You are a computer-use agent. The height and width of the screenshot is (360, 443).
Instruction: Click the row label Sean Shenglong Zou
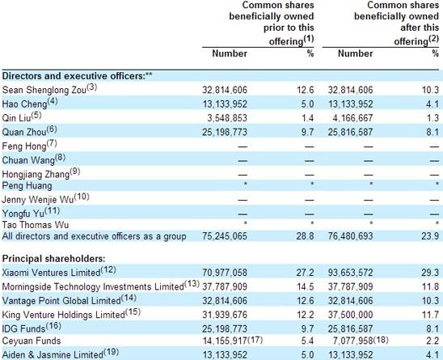click(x=44, y=90)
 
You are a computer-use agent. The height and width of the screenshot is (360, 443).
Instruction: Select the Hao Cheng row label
click(x=24, y=104)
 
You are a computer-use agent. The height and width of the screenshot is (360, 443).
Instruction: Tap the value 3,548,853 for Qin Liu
click(x=227, y=118)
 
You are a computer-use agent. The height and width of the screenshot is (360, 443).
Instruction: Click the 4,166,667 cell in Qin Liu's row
click(x=352, y=118)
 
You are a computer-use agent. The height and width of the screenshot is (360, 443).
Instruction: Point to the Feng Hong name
click(x=24, y=146)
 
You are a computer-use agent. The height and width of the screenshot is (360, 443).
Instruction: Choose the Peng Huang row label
click(x=27, y=186)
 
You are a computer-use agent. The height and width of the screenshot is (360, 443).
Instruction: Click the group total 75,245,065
click(x=225, y=236)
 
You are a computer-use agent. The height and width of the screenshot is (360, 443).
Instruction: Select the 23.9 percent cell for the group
click(x=430, y=236)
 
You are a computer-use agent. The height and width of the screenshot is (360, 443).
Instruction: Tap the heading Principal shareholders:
click(x=53, y=259)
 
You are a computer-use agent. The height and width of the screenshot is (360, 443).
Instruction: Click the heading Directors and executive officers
click(x=74, y=76)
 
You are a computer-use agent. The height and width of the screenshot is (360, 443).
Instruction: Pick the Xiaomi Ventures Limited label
click(x=51, y=273)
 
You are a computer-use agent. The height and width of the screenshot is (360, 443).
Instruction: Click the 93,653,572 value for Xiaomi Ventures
click(x=350, y=273)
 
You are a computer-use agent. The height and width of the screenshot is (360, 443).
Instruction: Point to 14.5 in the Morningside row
click(x=305, y=286)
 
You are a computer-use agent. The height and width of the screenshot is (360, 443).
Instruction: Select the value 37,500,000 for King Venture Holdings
click(x=350, y=315)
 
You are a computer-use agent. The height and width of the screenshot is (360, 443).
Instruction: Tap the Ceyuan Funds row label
click(x=32, y=341)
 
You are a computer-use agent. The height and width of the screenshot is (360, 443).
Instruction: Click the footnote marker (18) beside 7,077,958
click(x=381, y=340)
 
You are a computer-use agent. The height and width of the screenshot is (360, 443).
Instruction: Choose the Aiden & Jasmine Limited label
click(x=53, y=354)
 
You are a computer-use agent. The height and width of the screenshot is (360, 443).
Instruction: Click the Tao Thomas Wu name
click(x=36, y=225)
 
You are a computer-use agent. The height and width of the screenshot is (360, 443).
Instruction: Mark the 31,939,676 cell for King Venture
click(x=225, y=315)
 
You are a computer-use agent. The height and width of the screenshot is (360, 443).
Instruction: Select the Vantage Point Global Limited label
click(x=61, y=301)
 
